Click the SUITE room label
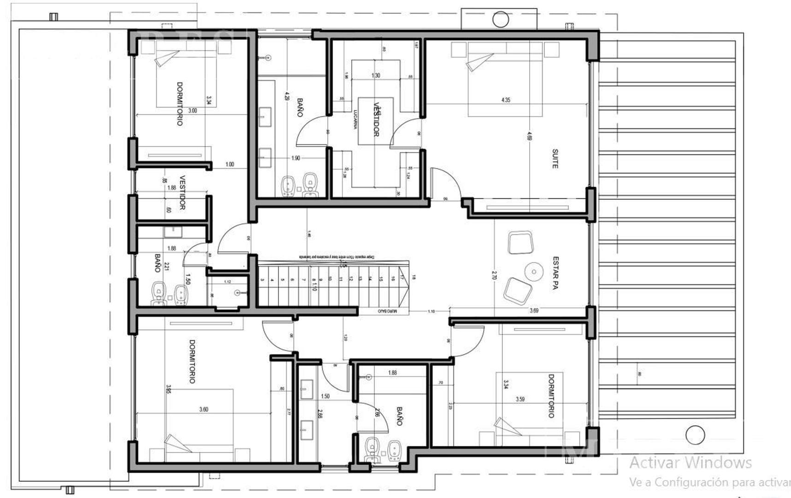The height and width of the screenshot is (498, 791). click(x=555, y=158)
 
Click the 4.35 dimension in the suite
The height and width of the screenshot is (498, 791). click(x=506, y=100)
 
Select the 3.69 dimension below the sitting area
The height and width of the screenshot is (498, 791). click(x=534, y=310)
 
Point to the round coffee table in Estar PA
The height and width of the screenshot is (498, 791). click(x=534, y=272)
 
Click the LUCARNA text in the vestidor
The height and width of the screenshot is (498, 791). click(x=355, y=119)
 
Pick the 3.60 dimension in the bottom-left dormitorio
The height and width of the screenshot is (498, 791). click(x=203, y=409)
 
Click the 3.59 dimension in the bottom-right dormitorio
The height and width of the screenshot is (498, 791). click(x=520, y=399)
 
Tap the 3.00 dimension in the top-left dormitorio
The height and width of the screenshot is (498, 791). click(x=192, y=111)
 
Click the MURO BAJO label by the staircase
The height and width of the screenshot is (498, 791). click(x=387, y=311)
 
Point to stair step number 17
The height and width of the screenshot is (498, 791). click(x=402, y=279)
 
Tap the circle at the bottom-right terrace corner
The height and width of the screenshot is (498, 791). click(x=695, y=435)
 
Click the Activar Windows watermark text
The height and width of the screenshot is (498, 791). click(x=690, y=462)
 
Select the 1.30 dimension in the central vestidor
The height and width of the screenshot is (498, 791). click(x=376, y=75)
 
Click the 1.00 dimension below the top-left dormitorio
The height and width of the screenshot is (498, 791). click(x=230, y=164)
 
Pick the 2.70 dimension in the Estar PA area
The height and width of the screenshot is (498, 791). click(x=494, y=275)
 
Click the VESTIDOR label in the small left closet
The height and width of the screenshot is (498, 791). click(x=182, y=193)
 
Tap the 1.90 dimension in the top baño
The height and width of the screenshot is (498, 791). click(x=295, y=158)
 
